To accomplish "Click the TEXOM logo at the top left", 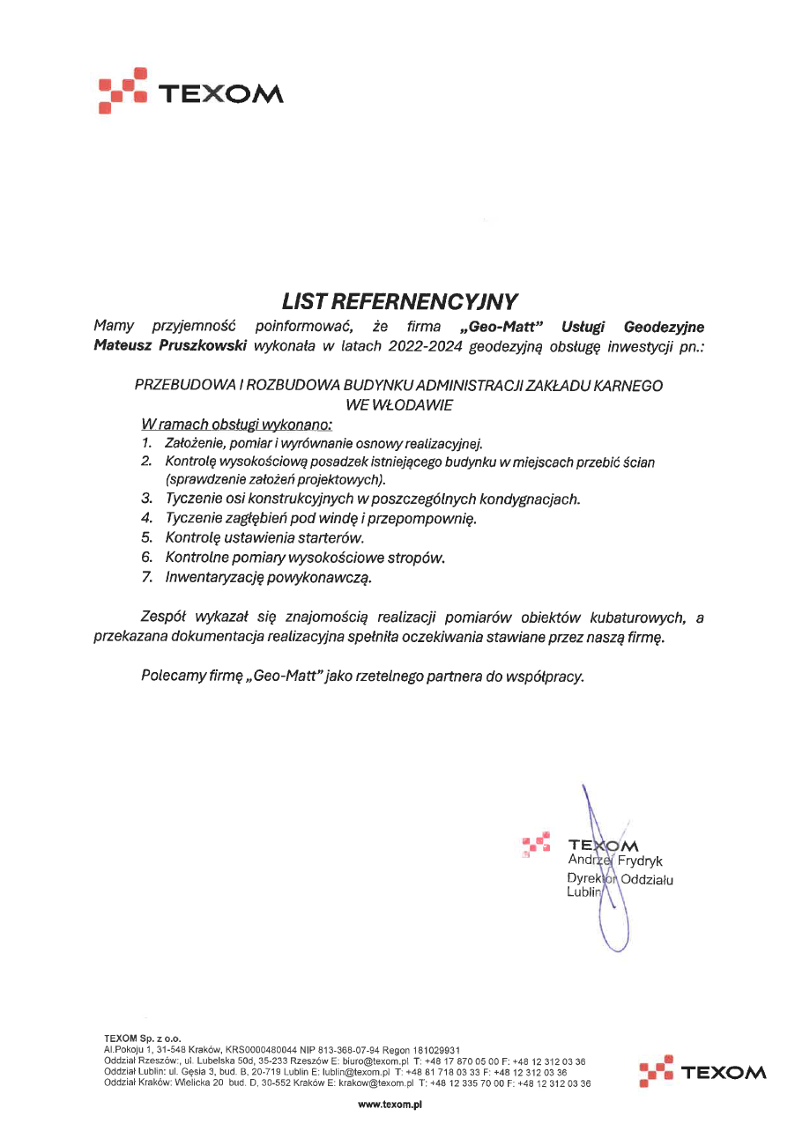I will [x=190, y=91].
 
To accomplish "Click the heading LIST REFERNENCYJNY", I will [x=400, y=302].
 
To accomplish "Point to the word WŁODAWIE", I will [x=399, y=404].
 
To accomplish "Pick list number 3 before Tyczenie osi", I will [x=147, y=499].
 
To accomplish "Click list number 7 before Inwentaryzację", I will [x=147, y=579].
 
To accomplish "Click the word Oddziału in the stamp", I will [x=647, y=879].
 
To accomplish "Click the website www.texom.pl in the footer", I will [x=391, y=1104].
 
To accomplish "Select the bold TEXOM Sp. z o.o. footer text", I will [x=142, y=1039].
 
